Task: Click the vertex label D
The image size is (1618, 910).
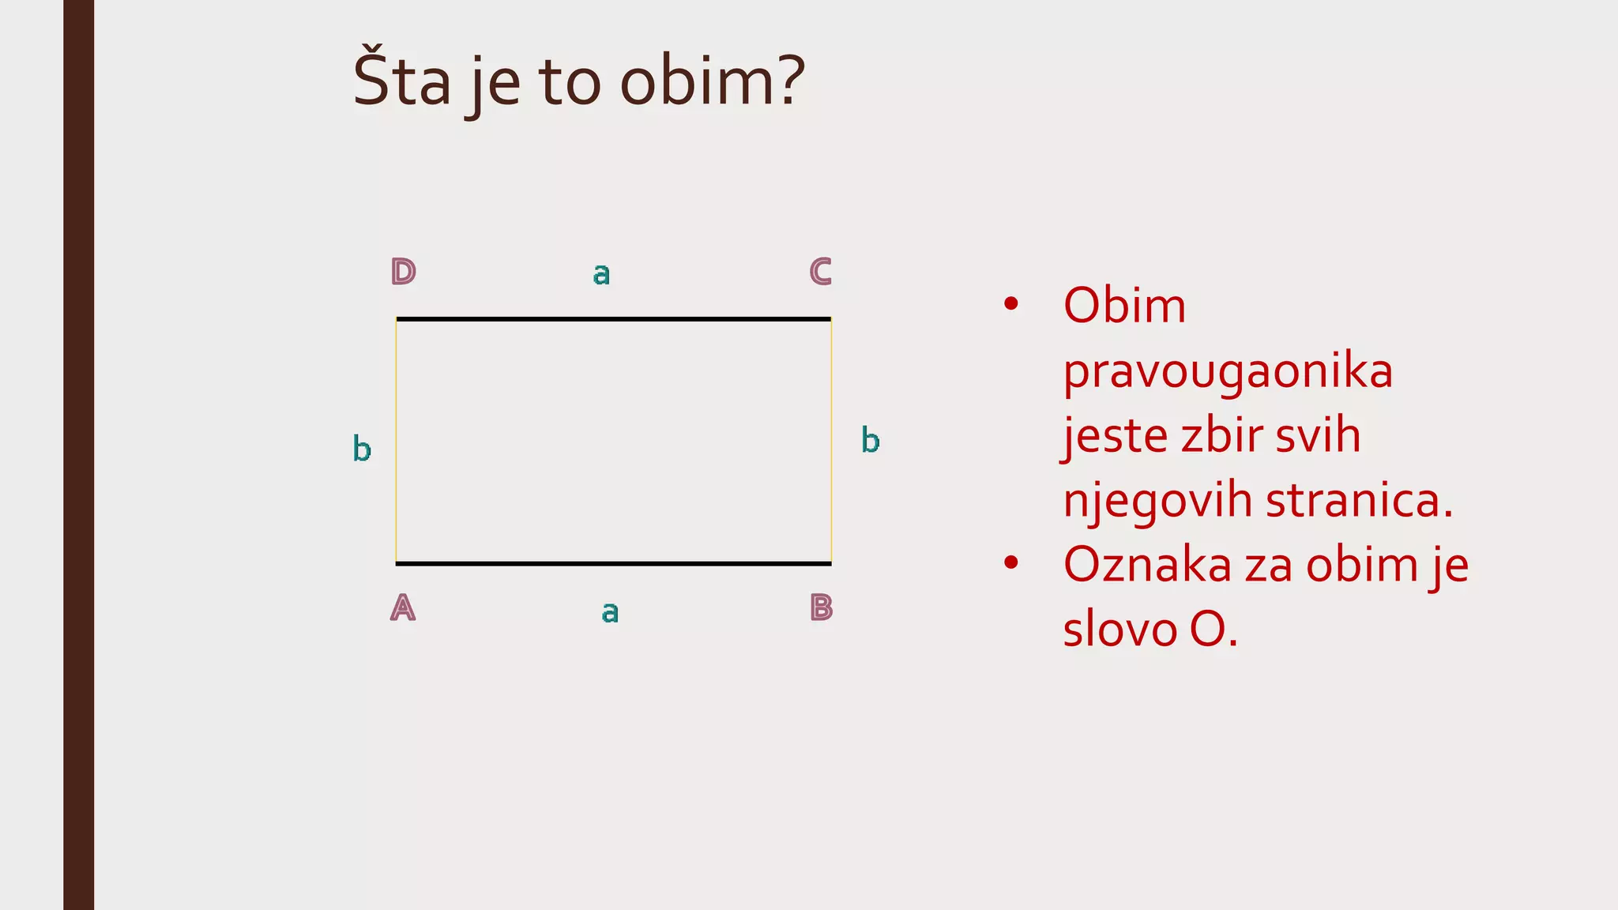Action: coord(403,272)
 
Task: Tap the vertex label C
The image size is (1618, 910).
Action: coord(821,272)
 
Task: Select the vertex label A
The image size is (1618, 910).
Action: coord(403,607)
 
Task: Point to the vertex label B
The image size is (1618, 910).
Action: coord(822,607)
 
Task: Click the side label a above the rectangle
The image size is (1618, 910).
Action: coord(601,274)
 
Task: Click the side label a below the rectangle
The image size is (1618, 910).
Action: coord(610,611)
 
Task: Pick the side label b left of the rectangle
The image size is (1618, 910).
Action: coord(362,449)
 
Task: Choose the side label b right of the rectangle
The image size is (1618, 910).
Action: coord(870,440)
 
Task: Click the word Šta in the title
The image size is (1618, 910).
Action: coord(401,81)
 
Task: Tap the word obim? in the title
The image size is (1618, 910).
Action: coord(713,81)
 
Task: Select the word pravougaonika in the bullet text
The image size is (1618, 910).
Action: coord(1228,370)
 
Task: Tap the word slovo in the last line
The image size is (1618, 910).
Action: coord(1119,630)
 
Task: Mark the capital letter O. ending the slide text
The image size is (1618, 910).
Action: coord(1213,630)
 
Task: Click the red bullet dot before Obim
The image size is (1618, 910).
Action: coord(1010,304)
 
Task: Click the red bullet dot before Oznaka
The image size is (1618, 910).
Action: coord(1010,563)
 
